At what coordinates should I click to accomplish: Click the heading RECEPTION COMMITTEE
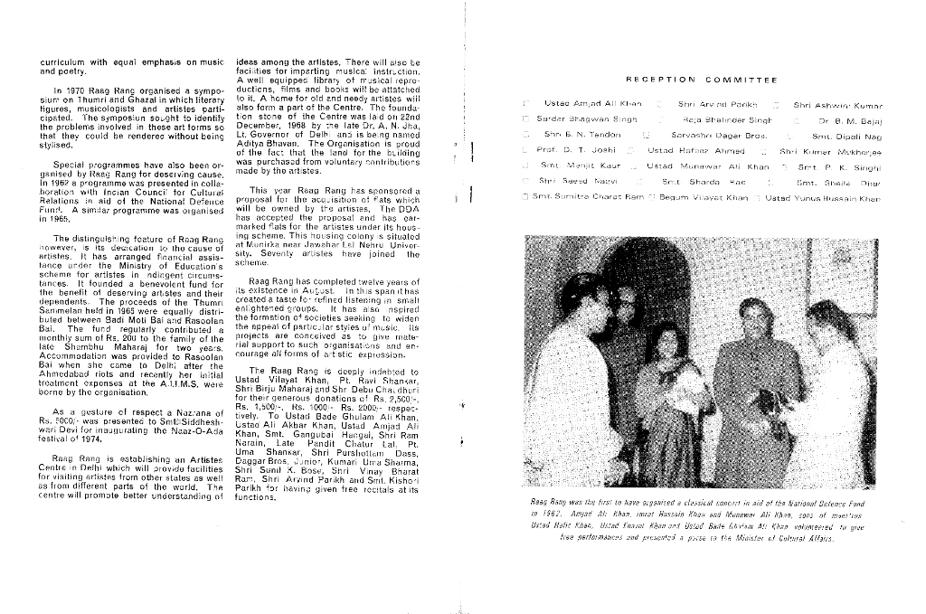click(701, 80)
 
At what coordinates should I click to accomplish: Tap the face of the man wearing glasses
click(752, 316)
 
